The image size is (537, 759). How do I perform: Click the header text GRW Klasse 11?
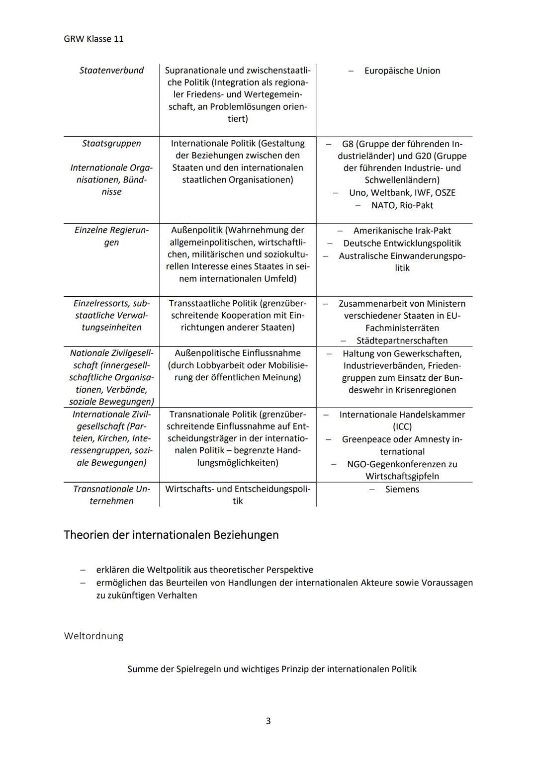pyautogui.click(x=93, y=39)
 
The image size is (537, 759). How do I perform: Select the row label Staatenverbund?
pyautogui.click(x=111, y=71)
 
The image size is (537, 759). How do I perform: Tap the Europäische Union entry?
pyautogui.click(x=402, y=71)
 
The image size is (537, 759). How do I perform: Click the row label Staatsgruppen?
pyautogui.click(x=111, y=144)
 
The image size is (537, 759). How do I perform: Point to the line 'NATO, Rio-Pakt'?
pyautogui.click(x=402, y=205)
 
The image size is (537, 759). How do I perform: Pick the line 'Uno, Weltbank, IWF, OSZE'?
pyautogui.click(x=402, y=193)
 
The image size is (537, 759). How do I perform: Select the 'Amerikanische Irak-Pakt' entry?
pyautogui.click(x=402, y=231)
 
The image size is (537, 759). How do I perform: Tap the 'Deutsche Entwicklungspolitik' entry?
pyautogui.click(x=402, y=244)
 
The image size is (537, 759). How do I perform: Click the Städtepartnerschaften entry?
pyautogui.click(x=402, y=341)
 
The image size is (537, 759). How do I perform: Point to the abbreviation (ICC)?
pyautogui.click(x=402, y=427)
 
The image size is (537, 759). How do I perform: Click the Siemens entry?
pyautogui.click(x=402, y=490)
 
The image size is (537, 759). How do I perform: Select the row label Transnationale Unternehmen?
pyautogui.click(x=111, y=495)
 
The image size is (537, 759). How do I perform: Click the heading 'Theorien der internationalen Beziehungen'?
pyautogui.click(x=171, y=535)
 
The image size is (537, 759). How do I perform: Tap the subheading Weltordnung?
pyautogui.click(x=93, y=636)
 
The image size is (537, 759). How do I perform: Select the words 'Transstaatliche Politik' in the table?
pyautogui.click(x=213, y=304)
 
